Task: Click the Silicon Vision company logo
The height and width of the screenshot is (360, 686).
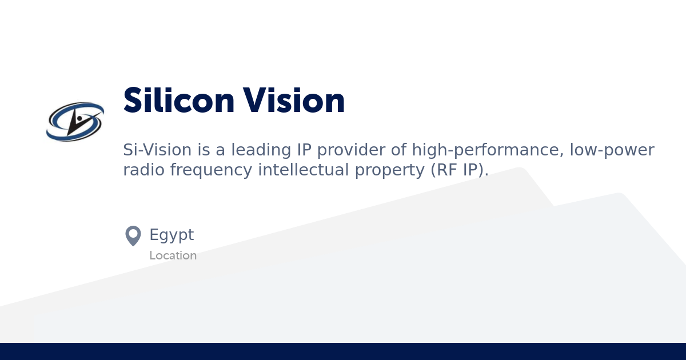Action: (x=75, y=122)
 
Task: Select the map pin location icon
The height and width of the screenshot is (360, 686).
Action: (x=133, y=235)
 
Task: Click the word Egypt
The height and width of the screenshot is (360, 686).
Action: (x=171, y=235)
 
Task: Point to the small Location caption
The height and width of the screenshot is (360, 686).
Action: (x=173, y=255)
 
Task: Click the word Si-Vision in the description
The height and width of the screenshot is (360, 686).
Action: (x=157, y=150)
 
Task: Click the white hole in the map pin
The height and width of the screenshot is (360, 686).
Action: (x=133, y=233)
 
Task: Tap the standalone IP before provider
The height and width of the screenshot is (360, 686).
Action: (x=303, y=150)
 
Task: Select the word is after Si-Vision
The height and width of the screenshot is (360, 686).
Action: (x=204, y=150)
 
